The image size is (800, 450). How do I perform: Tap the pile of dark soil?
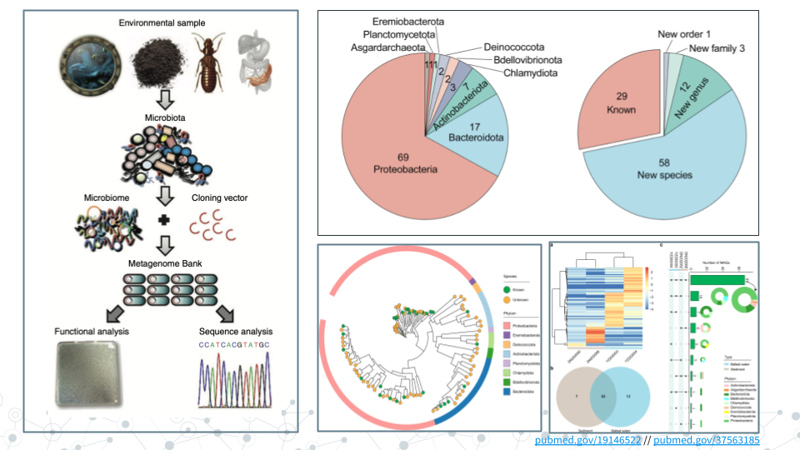point(158,62)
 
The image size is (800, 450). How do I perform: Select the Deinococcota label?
point(517,47)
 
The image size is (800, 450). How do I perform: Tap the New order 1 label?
point(684,34)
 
